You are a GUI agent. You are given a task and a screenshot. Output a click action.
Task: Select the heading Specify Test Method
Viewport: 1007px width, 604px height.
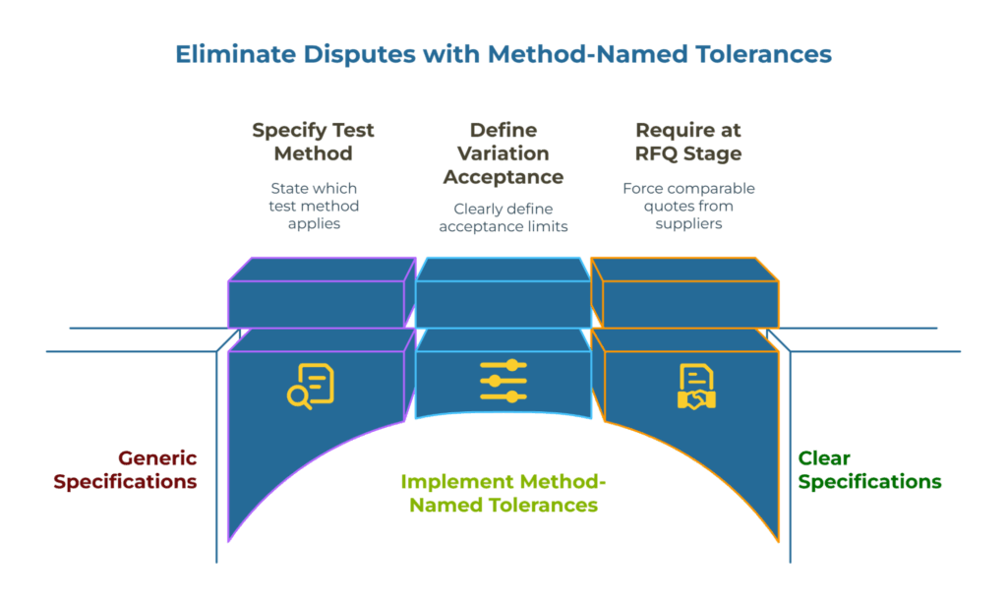(x=313, y=142)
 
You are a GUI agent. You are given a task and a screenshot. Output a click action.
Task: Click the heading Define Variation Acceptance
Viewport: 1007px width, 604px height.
(x=503, y=153)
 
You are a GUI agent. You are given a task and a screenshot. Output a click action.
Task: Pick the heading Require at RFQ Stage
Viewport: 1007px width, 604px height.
(x=688, y=142)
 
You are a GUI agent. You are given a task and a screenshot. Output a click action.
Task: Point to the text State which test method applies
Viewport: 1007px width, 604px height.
(x=313, y=206)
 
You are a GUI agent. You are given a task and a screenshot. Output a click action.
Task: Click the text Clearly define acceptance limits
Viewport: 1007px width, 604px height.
(x=503, y=217)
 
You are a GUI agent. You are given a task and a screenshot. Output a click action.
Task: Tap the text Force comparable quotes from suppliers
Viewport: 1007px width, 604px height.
(x=688, y=206)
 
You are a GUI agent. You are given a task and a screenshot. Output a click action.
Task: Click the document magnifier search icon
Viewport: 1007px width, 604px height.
(x=311, y=384)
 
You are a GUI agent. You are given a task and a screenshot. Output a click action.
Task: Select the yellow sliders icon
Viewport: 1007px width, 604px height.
(x=503, y=381)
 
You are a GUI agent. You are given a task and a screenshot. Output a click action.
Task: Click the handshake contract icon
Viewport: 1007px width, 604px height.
(x=696, y=386)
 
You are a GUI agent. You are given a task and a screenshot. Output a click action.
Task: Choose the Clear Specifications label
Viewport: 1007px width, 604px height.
(x=869, y=470)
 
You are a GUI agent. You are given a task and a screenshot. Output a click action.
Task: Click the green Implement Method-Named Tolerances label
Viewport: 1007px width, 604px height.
(x=503, y=493)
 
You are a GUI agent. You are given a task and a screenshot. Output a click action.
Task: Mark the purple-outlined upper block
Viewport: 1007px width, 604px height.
(x=317, y=293)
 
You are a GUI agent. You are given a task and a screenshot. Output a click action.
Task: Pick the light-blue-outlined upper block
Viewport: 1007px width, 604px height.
(x=503, y=293)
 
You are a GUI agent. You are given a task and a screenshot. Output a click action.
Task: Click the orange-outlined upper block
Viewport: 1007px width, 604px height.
(x=689, y=293)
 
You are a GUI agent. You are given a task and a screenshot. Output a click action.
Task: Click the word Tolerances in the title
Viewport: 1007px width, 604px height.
(x=755, y=53)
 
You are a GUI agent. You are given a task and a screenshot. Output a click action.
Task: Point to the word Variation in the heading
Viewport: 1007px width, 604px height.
(x=503, y=153)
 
